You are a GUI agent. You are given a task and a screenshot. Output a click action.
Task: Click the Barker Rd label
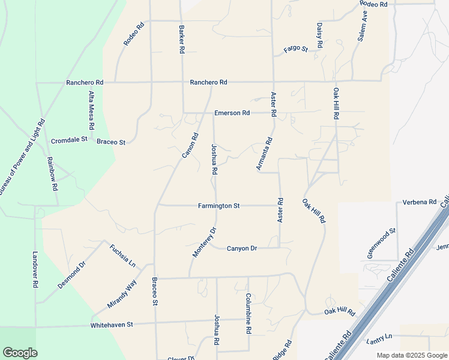coord(181,40)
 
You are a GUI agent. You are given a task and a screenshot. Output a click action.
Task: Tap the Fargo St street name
coord(295,49)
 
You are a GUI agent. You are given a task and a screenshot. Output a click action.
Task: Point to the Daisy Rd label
coord(320,36)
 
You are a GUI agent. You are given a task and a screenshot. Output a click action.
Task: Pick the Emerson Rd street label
coord(232,113)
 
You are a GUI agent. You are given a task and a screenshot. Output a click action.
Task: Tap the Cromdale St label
coord(69,140)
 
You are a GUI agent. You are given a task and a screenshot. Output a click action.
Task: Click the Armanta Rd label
coord(265,154)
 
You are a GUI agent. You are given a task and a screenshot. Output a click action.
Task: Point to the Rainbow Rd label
coord(52,174)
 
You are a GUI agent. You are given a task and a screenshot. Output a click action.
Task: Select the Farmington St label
coord(218,206)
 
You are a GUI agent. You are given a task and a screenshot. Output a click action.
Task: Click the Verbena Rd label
coord(419,202)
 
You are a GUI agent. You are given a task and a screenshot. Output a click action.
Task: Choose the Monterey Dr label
coord(203,242)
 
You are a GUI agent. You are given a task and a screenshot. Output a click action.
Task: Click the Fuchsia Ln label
coord(122,256)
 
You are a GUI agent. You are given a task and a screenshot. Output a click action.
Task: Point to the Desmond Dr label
coord(73,275)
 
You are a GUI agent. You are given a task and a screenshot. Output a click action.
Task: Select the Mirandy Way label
coord(122,293)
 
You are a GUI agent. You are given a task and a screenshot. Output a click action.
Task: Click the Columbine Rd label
coord(248,313)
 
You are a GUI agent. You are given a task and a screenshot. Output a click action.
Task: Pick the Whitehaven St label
coord(111,325)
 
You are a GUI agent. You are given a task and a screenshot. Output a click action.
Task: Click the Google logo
coord(20,353)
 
